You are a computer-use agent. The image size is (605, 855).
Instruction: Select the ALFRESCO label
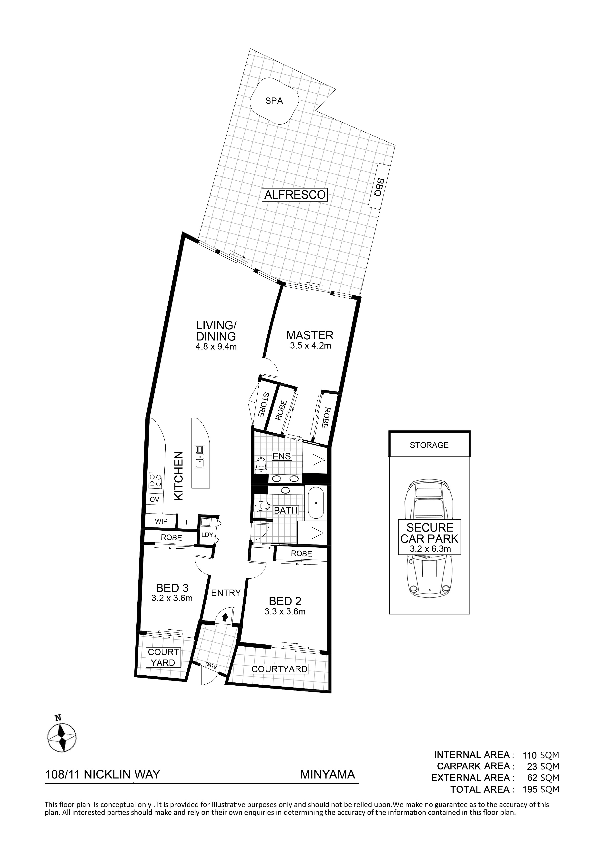coord(295,195)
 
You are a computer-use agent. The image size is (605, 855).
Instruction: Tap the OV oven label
coord(154,500)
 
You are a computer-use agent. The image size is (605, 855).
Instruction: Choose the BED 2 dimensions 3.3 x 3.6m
coord(285,612)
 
